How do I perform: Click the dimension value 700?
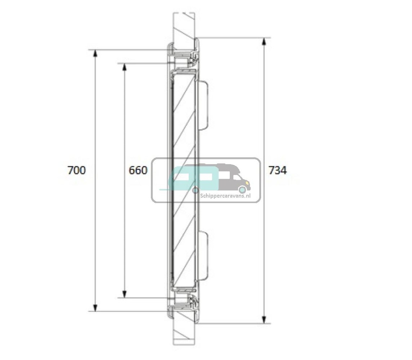76,171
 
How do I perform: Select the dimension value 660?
138,171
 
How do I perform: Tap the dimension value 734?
278,171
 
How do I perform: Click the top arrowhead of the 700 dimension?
95,53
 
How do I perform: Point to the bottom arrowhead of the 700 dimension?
95,307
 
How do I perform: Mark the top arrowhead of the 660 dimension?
125,67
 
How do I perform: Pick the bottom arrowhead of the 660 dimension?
125,294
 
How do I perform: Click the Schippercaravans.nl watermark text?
225,196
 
